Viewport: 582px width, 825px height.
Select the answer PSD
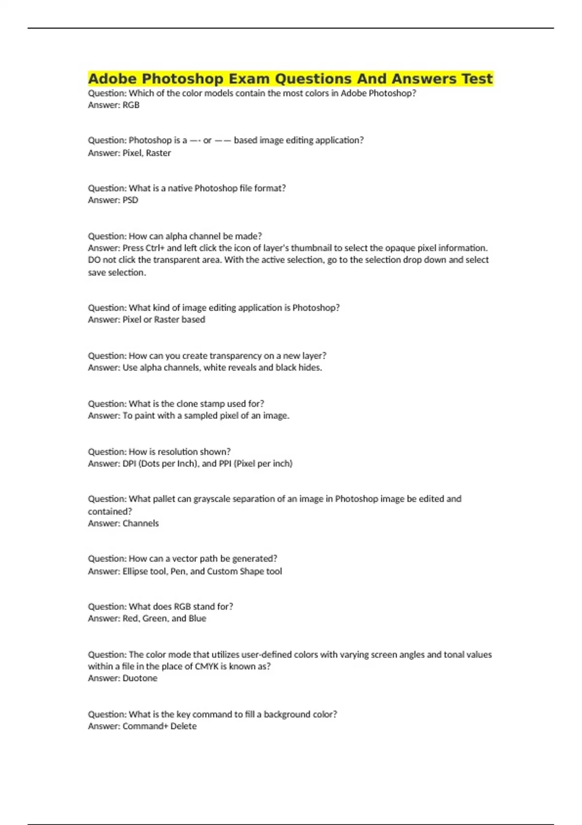tap(130, 200)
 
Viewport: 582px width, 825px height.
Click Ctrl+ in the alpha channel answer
tap(155, 248)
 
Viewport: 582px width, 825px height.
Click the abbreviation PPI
tap(225, 463)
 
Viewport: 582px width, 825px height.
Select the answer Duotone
tap(140, 678)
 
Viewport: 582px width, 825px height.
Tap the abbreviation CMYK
tap(206, 666)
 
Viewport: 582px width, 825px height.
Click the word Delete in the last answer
tap(183, 726)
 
